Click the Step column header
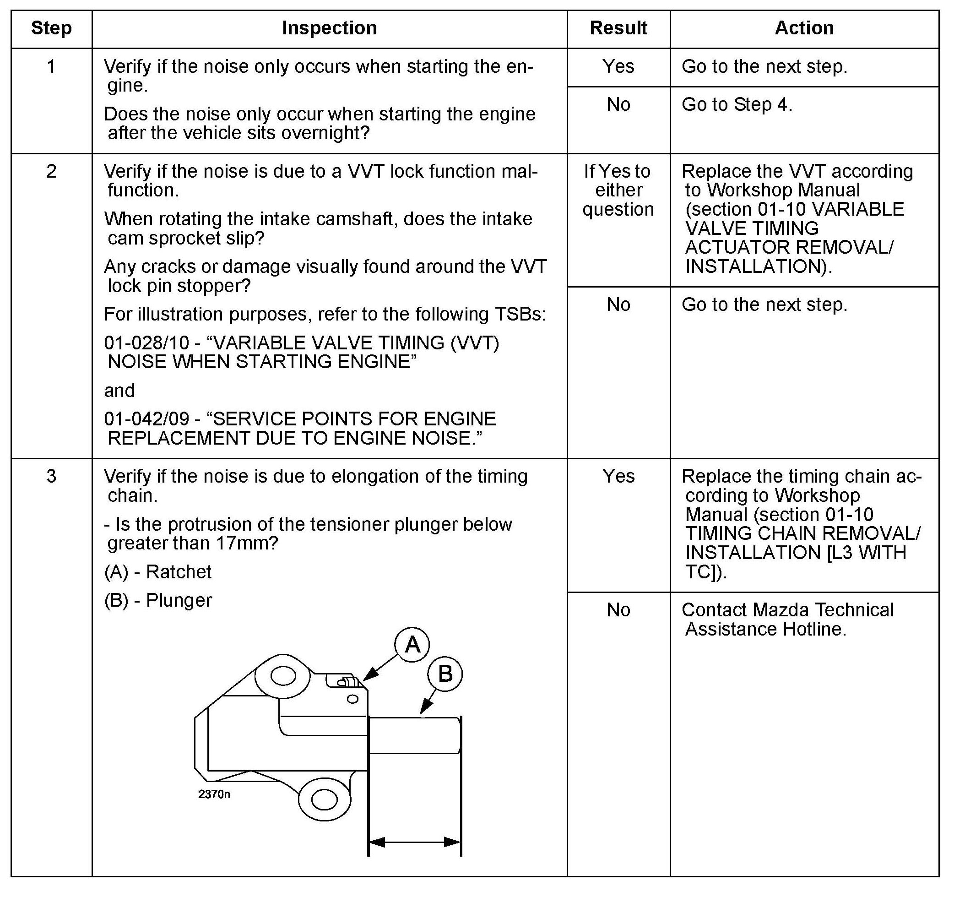pos(51,28)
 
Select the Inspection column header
pos(329,28)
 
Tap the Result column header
pos(618,28)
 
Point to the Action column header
pos(804,28)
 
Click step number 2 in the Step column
pos(51,171)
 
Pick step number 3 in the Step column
pos(51,476)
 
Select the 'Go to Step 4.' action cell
pos(737,104)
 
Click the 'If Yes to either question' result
pos(618,190)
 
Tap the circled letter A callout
pos(412,645)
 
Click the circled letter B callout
pos(445,674)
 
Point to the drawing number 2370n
pos(214,794)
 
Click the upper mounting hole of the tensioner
pos(283,676)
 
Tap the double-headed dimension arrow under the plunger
pos(415,842)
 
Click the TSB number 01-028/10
pos(147,343)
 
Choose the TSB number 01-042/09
pos(147,419)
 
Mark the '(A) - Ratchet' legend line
pos(158,572)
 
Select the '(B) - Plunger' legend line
pos(158,600)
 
